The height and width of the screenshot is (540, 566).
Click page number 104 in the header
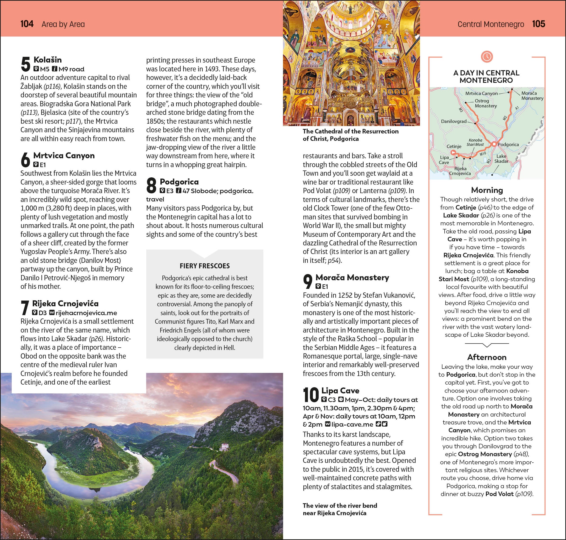point(27,24)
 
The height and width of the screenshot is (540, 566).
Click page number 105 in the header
point(538,24)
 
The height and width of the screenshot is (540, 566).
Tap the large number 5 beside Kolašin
point(26,64)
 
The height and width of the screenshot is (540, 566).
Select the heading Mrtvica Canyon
point(64,155)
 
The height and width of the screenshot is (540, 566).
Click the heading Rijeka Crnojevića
point(65,303)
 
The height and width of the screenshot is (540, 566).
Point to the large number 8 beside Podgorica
point(151,185)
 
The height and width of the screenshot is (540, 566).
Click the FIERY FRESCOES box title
point(205,266)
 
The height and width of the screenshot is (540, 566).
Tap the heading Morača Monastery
point(352,277)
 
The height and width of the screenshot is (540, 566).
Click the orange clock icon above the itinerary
point(487,56)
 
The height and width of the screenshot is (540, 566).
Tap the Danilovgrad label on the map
point(454,121)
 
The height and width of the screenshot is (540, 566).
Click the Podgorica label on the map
point(508,144)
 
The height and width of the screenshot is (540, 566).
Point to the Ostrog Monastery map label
point(486,103)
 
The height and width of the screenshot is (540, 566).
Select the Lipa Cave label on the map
point(444,160)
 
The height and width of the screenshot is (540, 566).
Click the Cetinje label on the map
point(454,146)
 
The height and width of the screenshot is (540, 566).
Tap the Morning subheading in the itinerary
point(487,190)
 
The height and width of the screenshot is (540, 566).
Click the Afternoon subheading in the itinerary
point(487,357)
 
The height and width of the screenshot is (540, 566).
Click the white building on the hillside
point(224,446)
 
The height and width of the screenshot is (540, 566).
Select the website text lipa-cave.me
point(352,424)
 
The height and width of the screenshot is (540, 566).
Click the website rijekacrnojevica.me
point(86,313)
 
